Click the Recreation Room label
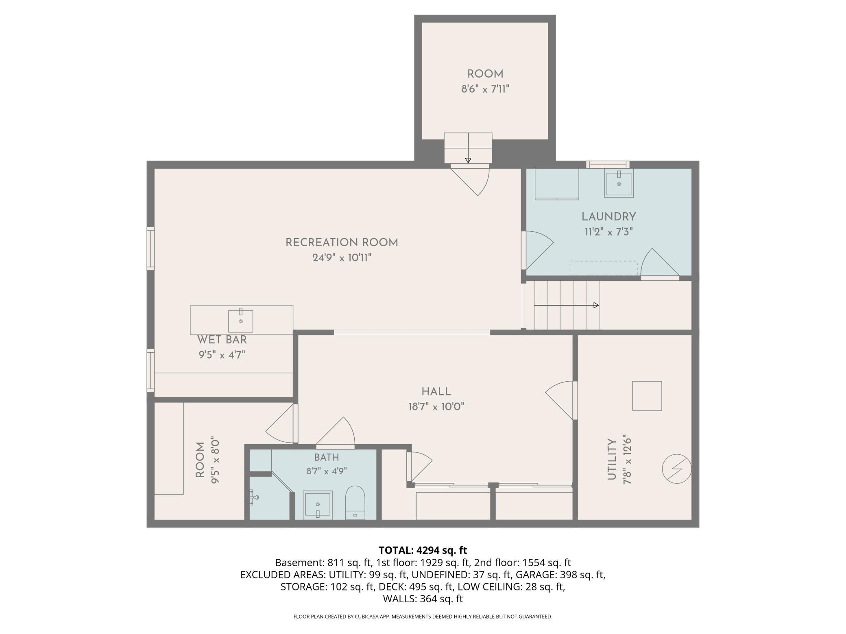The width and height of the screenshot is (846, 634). click(342, 243)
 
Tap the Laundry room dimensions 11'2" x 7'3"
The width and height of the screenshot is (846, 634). click(608, 232)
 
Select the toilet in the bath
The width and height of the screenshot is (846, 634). click(355, 502)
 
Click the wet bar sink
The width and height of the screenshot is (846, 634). click(240, 321)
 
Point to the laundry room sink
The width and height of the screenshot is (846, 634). click(619, 184)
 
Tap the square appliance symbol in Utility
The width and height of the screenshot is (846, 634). click(647, 396)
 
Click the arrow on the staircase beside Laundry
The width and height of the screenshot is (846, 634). click(566, 305)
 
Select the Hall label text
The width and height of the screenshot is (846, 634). click(436, 392)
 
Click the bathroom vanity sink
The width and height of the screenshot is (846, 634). click(318, 505)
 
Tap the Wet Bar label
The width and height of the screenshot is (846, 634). click(222, 340)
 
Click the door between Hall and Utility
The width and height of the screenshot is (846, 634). click(561, 400)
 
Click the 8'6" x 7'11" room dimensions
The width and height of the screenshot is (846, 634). click(485, 89)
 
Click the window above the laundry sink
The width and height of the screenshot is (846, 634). click(608, 164)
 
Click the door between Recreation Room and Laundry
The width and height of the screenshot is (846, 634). click(537, 250)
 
